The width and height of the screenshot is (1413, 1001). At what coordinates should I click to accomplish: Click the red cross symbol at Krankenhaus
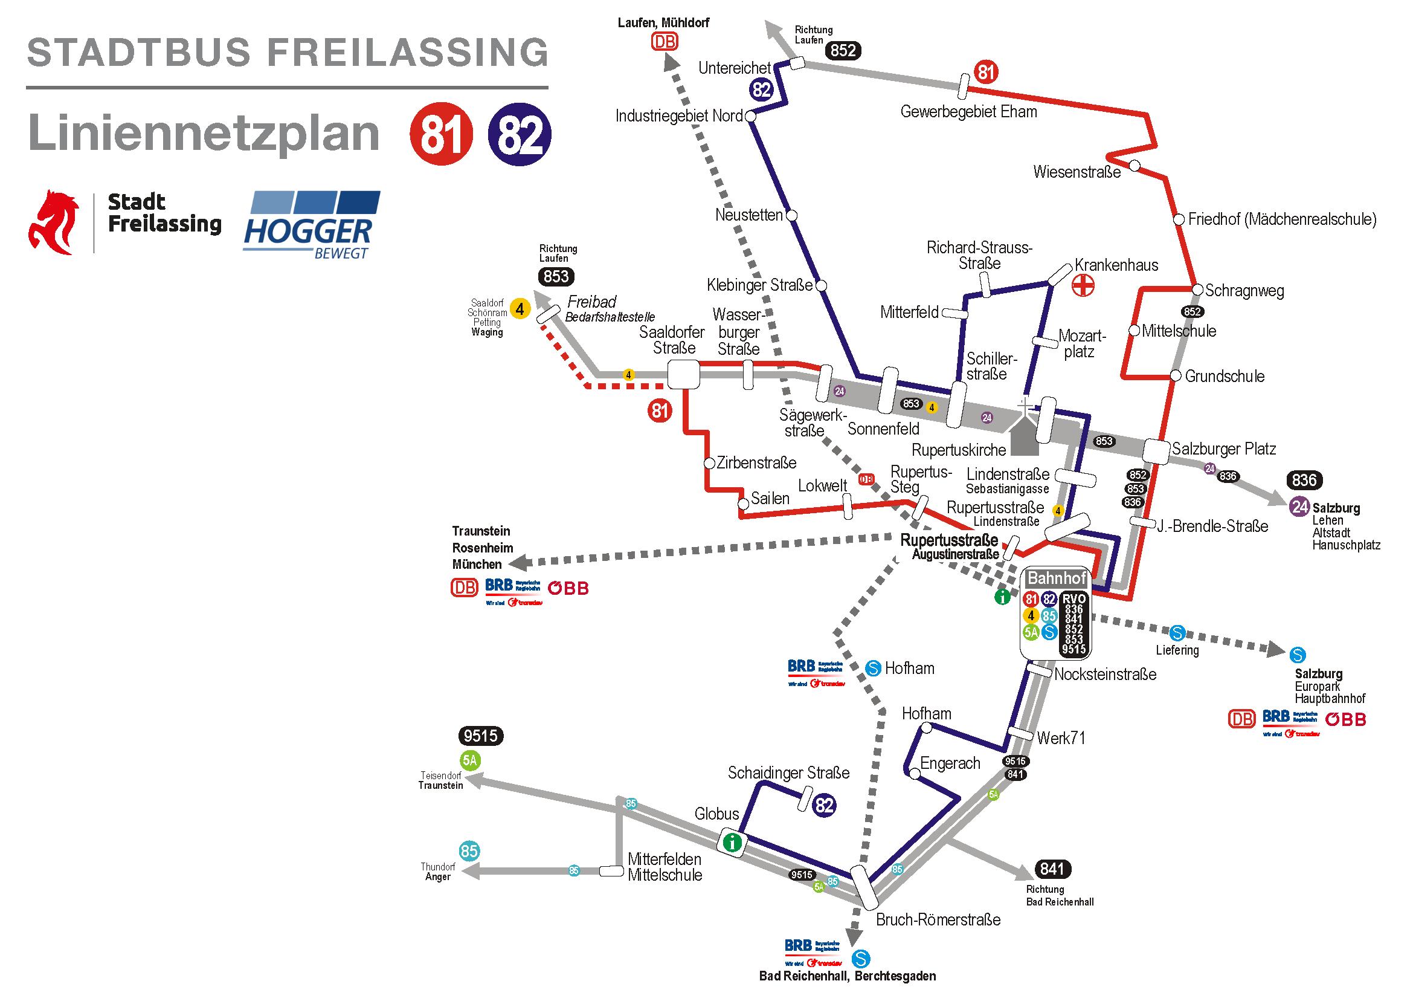pyautogui.click(x=1082, y=285)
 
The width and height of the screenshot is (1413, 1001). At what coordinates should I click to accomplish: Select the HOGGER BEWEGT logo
pyautogui.click(x=312, y=225)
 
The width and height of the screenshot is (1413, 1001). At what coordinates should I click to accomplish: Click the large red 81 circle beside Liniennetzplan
pyautogui.click(x=441, y=134)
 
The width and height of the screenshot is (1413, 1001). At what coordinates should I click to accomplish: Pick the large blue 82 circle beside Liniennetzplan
pyautogui.click(x=520, y=134)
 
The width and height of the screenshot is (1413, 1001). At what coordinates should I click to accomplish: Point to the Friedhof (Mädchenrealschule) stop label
pyautogui.click(x=1282, y=219)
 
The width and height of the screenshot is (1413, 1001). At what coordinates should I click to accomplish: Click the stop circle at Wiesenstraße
pyautogui.click(x=1135, y=165)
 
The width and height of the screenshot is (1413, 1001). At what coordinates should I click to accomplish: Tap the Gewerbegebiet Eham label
pyautogui.click(x=968, y=112)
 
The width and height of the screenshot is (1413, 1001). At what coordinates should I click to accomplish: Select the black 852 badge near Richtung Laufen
pyautogui.click(x=843, y=51)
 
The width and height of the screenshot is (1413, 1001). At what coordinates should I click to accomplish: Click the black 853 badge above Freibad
pyautogui.click(x=556, y=276)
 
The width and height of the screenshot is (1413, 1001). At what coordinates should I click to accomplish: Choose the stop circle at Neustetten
pyautogui.click(x=792, y=215)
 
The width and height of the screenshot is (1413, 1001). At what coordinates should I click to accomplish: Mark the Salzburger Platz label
pyautogui.click(x=1223, y=449)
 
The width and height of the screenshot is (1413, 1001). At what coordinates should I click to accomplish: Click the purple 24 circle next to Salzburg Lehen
pyautogui.click(x=1299, y=507)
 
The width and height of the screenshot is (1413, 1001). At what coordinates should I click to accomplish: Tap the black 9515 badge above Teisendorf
pyautogui.click(x=480, y=736)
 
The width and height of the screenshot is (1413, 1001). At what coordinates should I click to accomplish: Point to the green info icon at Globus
pyautogui.click(x=732, y=842)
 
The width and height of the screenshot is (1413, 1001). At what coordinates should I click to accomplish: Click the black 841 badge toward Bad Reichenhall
pyautogui.click(x=1052, y=869)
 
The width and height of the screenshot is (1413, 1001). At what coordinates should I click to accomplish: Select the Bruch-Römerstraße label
pyautogui.click(x=938, y=919)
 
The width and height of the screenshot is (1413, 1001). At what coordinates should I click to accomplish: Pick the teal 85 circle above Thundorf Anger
pyautogui.click(x=469, y=850)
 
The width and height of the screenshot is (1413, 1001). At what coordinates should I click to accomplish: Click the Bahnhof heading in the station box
pyautogui.click(x=1057, y=578)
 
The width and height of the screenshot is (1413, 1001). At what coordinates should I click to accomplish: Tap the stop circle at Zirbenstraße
pyautogui.click(x=709, y=463)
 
